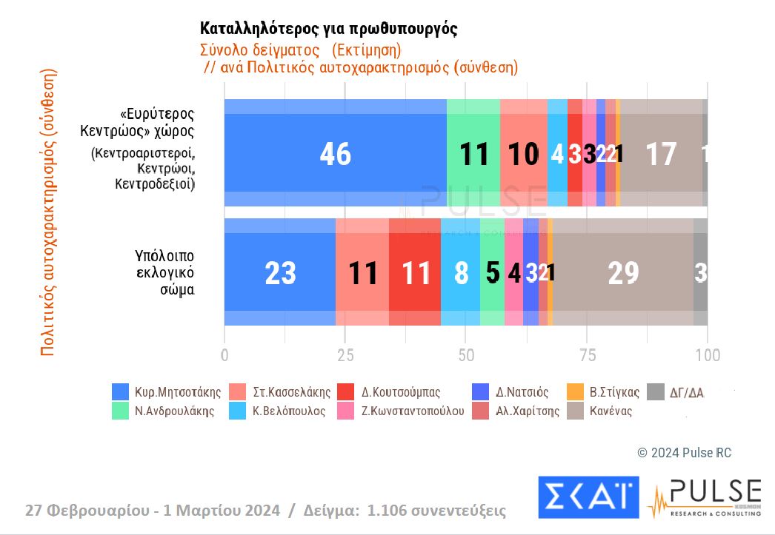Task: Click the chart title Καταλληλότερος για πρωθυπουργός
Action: coord(328,29)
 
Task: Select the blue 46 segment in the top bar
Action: coord(335,153)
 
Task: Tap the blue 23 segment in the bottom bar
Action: coord(279,272)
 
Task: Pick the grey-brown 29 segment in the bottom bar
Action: coord(622,272)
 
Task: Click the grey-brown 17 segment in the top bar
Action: coord(660,153)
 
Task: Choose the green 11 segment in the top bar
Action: coord(473,153)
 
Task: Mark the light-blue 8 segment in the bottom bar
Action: coord(460,272)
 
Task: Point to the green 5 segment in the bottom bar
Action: coord(492,272)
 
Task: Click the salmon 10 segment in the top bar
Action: coord(523,153)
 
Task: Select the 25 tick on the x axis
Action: coord(345,355)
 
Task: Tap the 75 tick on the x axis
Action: coord(587,355)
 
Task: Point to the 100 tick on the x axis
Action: coord(708,355)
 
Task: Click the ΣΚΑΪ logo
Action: coord(588,496)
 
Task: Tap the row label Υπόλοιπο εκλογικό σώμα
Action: coord(164,272)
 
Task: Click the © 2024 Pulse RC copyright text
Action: coord(684,453)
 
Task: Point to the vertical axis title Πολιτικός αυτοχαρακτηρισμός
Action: coord(48,213)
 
